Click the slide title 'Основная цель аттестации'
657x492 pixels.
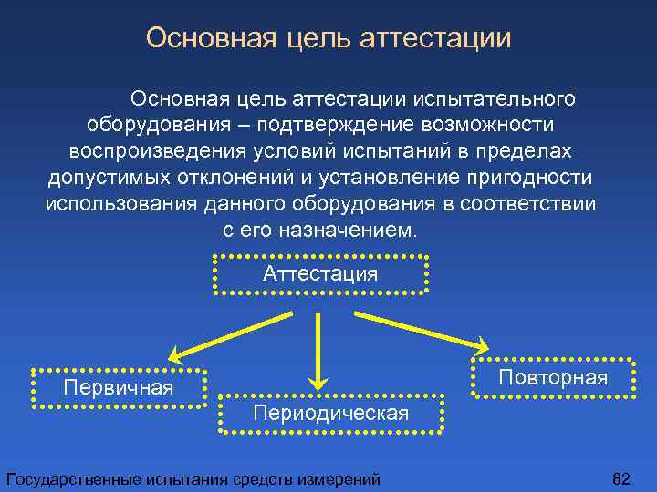pos(328,38)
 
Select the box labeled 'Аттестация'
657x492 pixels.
pos(319,274)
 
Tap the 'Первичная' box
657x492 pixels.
pos(119,387)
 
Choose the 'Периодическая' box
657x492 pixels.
pos(330,414)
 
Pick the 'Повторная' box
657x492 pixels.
pos(553,377)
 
